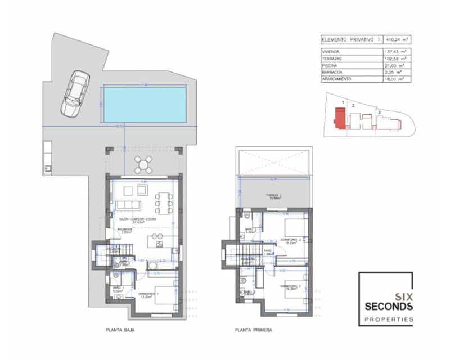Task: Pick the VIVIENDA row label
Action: (332, 52)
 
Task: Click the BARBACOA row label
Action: (332, 73)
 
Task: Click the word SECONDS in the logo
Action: (389, 306)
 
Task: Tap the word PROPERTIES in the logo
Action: (389, 319)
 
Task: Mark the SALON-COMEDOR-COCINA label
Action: (140, 218)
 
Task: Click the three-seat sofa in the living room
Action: (128, 204)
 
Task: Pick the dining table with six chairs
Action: (165, 201)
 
